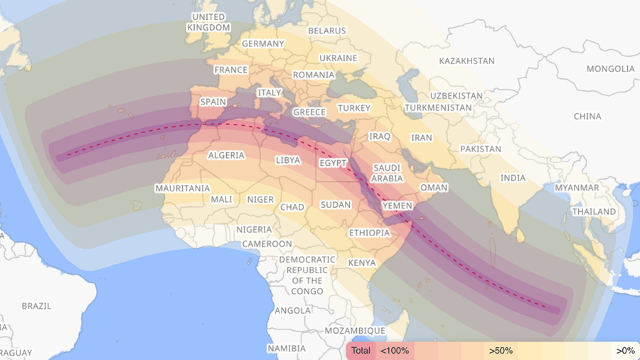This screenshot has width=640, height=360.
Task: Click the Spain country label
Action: point(213,102)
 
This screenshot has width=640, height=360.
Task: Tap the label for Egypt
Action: point(333,163)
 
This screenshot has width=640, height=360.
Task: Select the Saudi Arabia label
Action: point(388,174)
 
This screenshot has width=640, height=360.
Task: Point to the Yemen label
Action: point(397,206)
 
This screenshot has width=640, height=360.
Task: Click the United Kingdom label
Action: point(208,22)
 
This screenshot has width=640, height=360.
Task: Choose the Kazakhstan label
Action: point(466,61)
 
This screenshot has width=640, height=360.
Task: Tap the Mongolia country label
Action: point(610,69)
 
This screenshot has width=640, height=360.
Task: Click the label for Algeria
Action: point(226,155)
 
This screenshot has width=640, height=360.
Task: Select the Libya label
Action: point(288,160)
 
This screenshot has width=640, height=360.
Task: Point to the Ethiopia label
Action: point(369,233)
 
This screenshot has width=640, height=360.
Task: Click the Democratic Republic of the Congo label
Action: point(307,275)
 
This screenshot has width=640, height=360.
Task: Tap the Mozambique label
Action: point(355,331)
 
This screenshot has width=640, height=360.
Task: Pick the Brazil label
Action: point(36,306)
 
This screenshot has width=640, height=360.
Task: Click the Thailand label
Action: point(594,211)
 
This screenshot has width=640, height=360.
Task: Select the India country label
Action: point(513,178)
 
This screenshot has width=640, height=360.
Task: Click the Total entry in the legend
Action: point(361,351)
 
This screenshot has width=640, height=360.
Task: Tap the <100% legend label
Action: point(395,351)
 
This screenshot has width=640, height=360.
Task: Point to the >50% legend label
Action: point(501,351)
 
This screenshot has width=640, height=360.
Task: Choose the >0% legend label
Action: point(625,351)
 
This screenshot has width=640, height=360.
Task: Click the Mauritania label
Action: point(183,189)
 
